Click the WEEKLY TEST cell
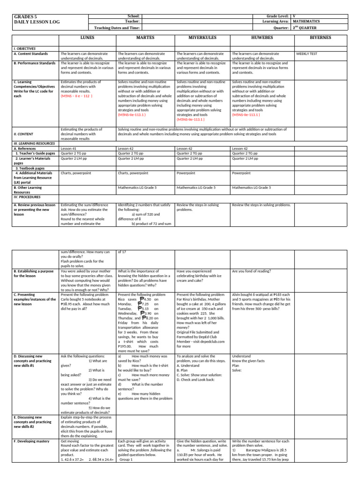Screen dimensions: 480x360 (x=307, y=54)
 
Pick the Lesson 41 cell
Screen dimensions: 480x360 (x=69, y=149)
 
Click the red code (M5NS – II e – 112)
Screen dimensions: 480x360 (x=77, y=96)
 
